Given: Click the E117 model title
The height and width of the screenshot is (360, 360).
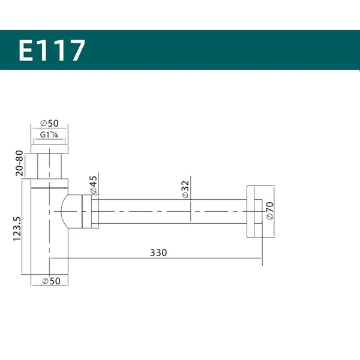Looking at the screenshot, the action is pos(52,50).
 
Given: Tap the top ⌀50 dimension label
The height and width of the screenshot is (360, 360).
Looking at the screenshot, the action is pos(49,123).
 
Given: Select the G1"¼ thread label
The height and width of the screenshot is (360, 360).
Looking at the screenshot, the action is pos(49,134).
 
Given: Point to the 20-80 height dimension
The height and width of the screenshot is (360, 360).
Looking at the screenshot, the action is pos(19,163).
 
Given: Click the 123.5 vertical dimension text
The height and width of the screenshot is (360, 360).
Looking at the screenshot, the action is pos(17,229).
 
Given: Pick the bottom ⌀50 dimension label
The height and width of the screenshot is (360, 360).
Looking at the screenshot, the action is pos(52,281).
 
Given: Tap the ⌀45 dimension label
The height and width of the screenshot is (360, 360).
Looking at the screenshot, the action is pos(94,185).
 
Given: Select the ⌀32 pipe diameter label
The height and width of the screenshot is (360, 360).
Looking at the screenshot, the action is pos(185,190).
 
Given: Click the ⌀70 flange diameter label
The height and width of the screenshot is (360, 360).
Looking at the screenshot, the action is pos(270,211).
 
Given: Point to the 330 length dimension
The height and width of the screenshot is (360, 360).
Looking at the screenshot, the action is pos(158,253).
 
